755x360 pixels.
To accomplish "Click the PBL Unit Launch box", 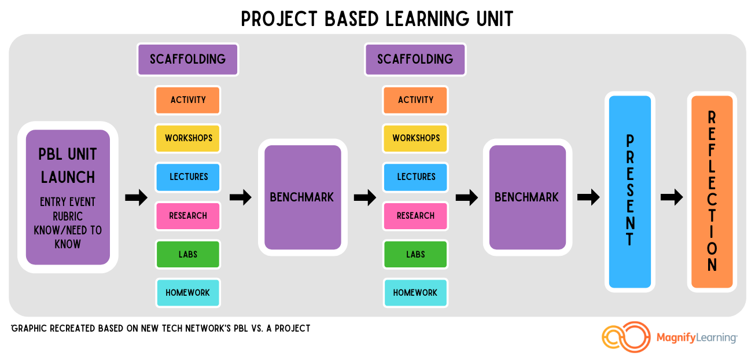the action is pos(68,197).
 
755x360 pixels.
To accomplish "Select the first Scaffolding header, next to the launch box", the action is pos(188,60).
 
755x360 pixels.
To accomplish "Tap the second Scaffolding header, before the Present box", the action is pos(415,60).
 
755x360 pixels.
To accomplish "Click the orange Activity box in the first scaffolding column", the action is pos(188,100).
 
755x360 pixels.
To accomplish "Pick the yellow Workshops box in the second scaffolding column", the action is pos(415,138).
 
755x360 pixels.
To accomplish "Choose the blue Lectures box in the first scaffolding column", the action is pos(188,177).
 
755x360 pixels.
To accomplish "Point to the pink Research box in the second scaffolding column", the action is pos(415,216).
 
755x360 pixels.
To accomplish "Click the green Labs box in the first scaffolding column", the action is pos(188,254).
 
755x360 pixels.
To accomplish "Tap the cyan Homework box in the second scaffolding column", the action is pos(415,293).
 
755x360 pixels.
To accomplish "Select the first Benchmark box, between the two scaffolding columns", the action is pos(303,197).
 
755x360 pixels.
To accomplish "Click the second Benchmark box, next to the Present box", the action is pos(528,197).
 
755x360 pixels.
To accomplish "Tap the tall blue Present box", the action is pos(629,192).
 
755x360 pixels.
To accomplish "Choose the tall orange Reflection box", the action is pos(712,192).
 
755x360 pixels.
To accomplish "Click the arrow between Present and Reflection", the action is pos(672,197).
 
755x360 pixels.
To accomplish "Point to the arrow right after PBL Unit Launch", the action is pos(136,197).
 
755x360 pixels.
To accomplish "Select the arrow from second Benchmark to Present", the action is pos(588,197).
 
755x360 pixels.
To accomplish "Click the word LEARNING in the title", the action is pos(427,19).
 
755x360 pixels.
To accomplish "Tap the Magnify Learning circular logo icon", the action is pos(626,337).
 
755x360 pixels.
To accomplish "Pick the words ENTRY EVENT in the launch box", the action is pos(68,202).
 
